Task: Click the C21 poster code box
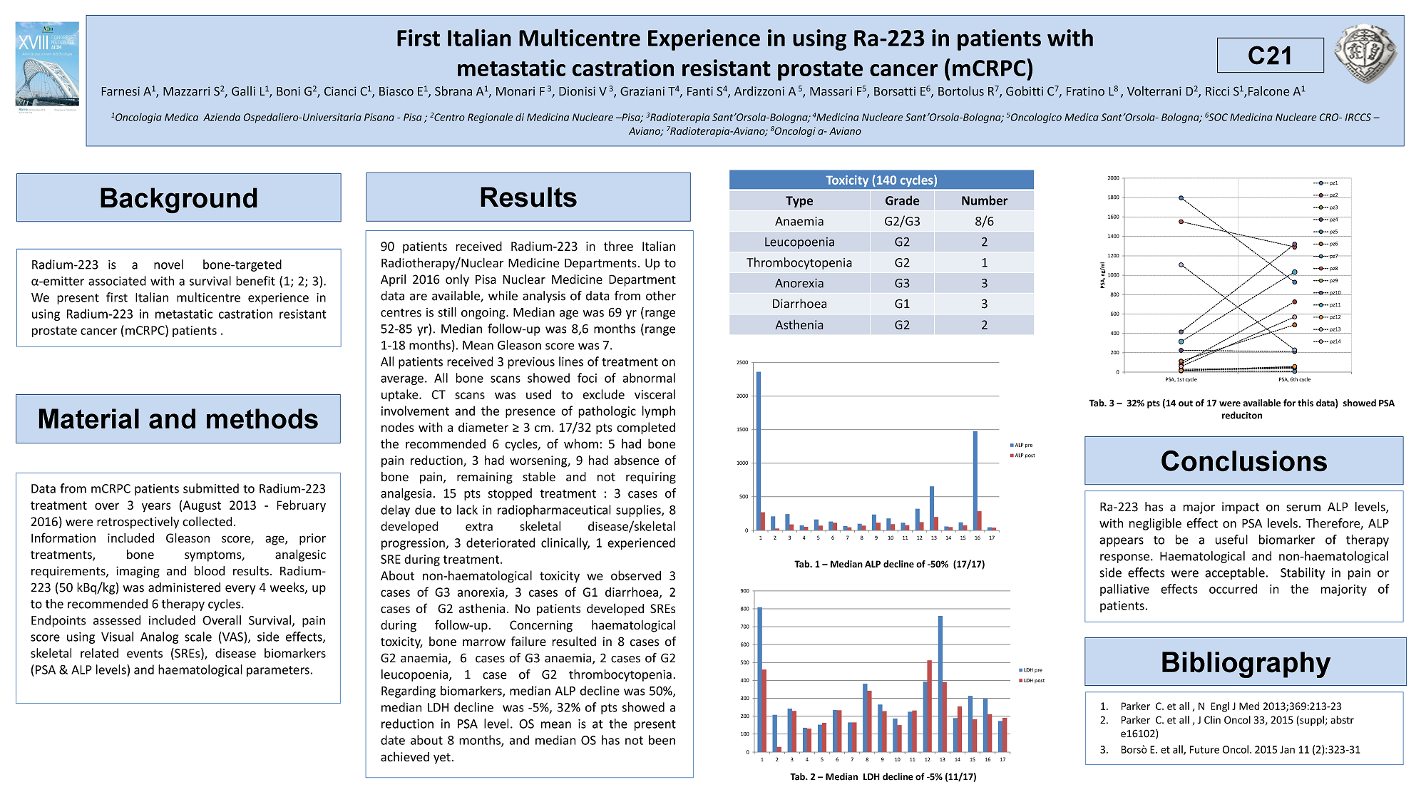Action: click(x=1270, y=56)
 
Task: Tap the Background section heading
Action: click(x=178, y=197)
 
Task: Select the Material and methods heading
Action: click(x=178, y=419)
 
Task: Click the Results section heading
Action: click(x=528, y=197)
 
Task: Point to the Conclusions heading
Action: click(x=1243, y=461)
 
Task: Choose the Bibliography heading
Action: click(x=1245, y=662)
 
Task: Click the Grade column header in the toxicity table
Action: click(x=902, y=201)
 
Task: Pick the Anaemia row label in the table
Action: click(x=799, y=222)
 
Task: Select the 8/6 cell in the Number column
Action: click(x=984, y=222)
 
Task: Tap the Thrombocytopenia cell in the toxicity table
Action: click(x=799, y=262)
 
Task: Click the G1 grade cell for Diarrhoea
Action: click(x=902, y=304)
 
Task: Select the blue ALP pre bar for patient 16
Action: click(x=975, y=480)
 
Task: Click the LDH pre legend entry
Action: click(x=1031, y=670)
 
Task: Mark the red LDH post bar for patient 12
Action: click(x=930, y=706)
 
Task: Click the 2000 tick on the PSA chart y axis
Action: click(x=1113, y=178)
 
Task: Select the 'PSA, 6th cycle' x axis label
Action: click(x=1294, y=379)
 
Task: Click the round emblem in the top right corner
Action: click(x=1365, y=53)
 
